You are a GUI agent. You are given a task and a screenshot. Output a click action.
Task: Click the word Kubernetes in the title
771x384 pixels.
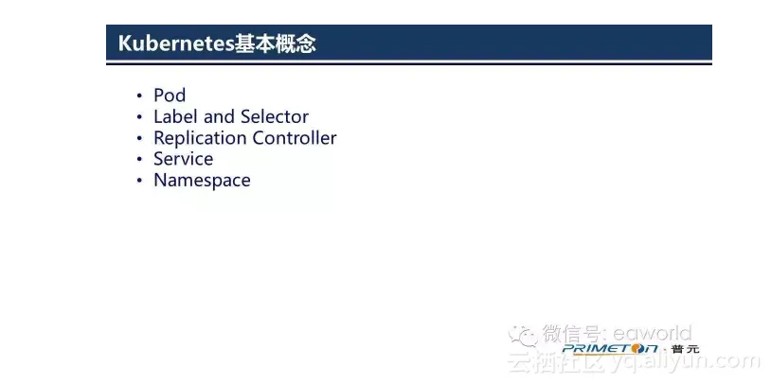(x=176, y=44)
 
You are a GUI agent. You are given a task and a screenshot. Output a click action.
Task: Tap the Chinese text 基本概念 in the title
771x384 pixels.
(x=275, y=44)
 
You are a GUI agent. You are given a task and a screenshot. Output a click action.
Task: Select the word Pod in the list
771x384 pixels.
(x=170, y=96)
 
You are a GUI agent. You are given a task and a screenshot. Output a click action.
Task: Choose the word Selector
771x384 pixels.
(x=275, y=117)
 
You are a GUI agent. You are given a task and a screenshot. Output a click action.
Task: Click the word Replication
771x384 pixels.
(x=201, y=138)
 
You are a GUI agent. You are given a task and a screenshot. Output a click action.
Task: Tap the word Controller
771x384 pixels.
(x=295, y=138)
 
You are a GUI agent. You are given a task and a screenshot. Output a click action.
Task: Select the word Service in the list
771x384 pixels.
(x=184, y=159)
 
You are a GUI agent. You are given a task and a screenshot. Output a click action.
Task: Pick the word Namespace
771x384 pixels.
(x=202, y=181)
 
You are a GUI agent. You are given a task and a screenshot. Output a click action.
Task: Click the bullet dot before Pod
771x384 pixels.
(x=139, y=96)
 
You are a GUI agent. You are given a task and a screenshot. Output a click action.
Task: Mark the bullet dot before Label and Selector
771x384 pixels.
(x=139, y=117)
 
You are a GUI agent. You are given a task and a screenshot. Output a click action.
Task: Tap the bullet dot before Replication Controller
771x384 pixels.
(x=139, y=138)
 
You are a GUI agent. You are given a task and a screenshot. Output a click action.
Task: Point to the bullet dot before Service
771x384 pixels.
(x=139, y=160)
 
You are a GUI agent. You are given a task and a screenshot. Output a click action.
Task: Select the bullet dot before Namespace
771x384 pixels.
(x=139, y=181)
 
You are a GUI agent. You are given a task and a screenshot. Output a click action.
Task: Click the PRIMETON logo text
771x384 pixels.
(x=610, y=349)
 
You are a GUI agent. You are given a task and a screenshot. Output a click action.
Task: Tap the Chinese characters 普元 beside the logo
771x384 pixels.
(x=685, y=349)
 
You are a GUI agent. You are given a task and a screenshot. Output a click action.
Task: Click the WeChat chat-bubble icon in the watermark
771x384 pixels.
(x=523, y=336)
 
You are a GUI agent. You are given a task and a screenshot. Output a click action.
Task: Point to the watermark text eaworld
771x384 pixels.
(x=652, y=334)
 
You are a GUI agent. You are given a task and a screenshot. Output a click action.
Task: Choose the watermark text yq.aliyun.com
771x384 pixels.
(x=685, y=363)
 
